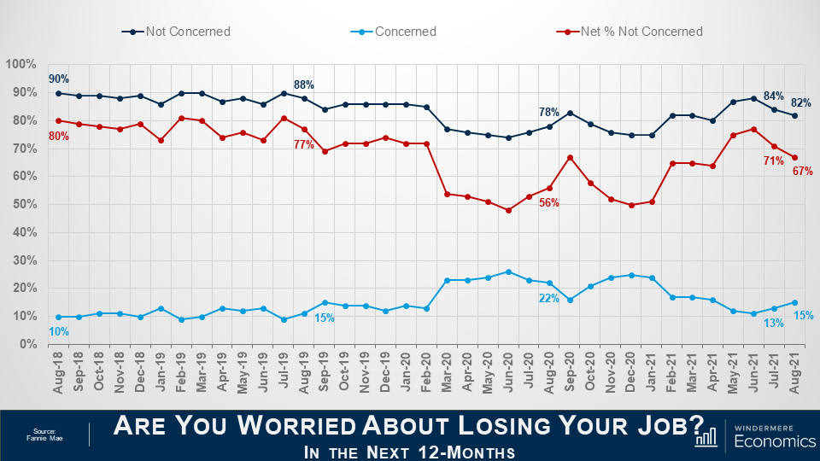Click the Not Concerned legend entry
(187, 32)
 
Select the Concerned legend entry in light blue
(404, 32)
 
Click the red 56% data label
(548, 203)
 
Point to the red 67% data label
(803, 172)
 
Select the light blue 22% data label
(548, 298)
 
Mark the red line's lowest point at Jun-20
(508, 210)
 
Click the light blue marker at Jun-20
(508, 271)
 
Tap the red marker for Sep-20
(570, 157)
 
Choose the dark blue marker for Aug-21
(795, 115)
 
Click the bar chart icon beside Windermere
(706, 437)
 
